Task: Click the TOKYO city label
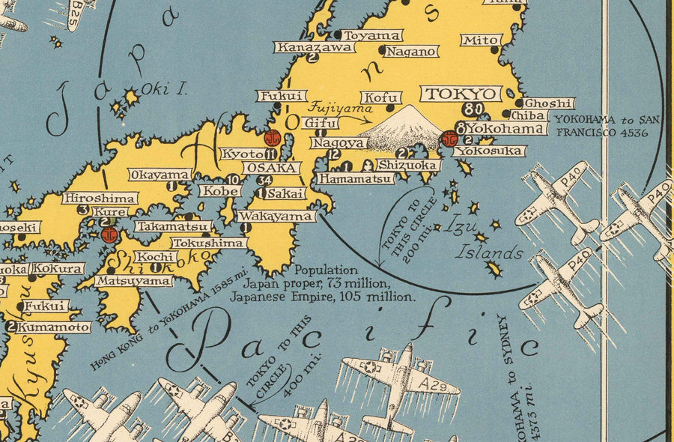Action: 461,94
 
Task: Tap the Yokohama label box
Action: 506,129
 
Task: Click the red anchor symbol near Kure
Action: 109,234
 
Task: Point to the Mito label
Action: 481,40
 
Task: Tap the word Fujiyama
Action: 330,108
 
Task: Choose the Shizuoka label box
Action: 409,165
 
